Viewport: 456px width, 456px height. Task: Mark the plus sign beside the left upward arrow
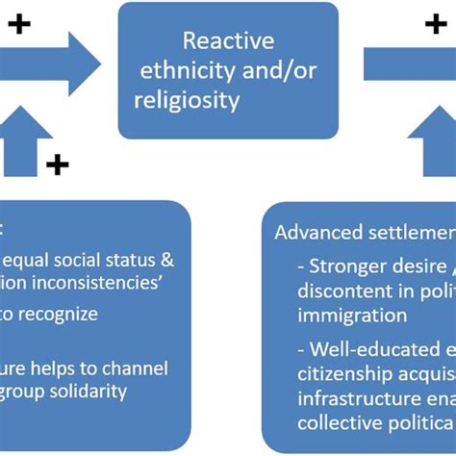point(57,165)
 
